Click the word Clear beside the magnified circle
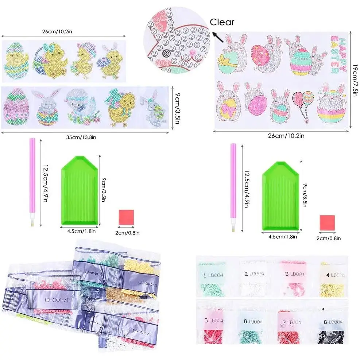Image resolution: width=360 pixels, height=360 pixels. coord(222,22)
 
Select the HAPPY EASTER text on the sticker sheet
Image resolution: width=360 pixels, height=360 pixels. coord(338,51)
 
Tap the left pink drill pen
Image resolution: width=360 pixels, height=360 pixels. coord(31,182)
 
